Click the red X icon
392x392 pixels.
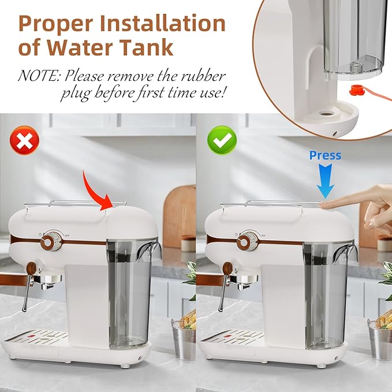pos(24,140)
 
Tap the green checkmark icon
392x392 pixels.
pos(222,140)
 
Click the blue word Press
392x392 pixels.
pos(325,155)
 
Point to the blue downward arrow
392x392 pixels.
pos(325,181)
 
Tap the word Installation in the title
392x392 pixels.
pos(163,24)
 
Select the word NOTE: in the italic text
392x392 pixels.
pos(39,76)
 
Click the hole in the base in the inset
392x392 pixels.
pos(325,114)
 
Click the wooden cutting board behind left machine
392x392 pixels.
pos(180,216)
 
